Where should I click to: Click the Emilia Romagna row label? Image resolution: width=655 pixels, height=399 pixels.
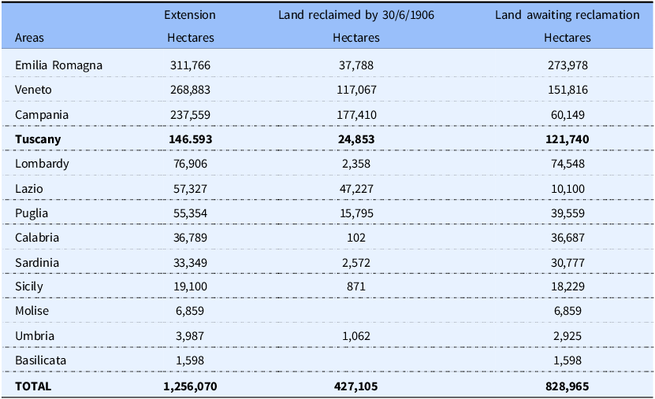58,65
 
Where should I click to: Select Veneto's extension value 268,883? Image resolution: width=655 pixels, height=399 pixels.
190,90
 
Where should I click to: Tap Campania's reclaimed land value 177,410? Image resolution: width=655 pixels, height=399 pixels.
356,115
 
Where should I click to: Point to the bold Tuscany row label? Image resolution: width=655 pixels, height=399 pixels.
38,139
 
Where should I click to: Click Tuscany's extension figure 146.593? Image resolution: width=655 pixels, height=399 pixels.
191,139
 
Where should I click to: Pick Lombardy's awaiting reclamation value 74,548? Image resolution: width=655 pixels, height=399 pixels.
568,164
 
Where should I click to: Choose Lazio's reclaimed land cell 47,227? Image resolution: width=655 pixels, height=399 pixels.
356,189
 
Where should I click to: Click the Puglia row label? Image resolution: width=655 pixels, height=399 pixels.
32,213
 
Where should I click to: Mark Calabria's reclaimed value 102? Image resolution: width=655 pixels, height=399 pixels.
356,238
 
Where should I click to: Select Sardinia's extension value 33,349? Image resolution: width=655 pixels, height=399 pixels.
190,263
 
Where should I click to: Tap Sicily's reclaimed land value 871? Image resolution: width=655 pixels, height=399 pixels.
356,286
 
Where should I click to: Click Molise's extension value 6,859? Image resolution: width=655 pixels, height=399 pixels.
190,311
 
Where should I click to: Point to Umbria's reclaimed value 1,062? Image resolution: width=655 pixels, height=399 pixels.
356,336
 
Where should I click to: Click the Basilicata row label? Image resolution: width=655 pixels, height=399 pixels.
40,360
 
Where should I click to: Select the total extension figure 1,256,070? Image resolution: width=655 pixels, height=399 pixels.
190,386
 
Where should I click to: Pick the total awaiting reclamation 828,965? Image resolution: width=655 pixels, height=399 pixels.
568,386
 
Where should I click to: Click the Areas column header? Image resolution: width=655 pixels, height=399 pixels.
29,38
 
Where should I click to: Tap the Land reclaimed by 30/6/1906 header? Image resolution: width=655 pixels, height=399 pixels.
356,15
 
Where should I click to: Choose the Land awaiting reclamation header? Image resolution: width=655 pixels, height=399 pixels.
568,15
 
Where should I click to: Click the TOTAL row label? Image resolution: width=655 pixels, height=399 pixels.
33,386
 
